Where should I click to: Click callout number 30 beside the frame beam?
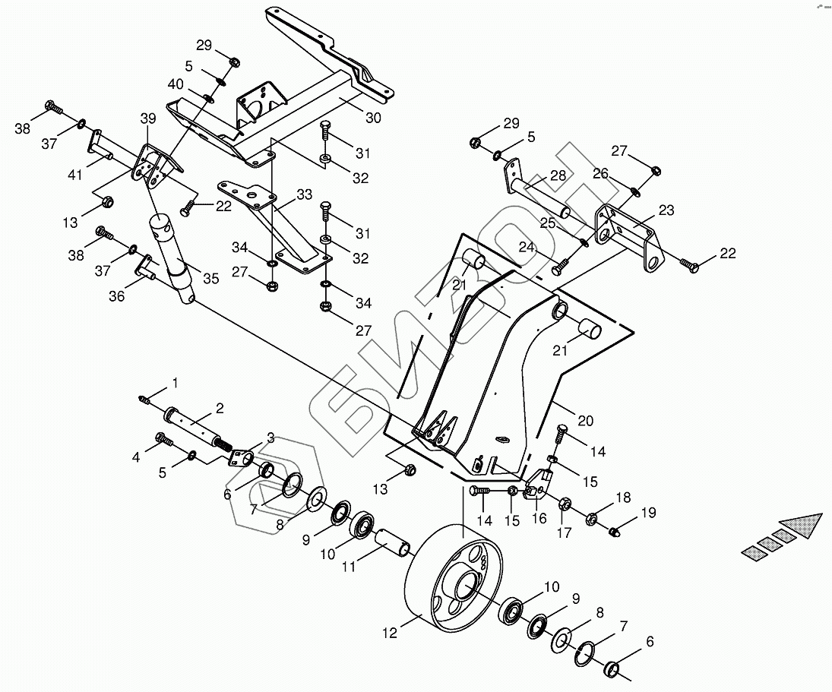pos(372,118)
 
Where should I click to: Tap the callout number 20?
pos(584,421)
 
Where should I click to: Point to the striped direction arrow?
pos(783,536)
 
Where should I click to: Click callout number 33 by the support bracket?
pos(304,195)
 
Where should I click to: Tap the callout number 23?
pos(666,210)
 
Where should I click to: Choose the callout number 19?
pos(647,513)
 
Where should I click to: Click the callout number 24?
pos(527,247)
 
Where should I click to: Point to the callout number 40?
pos(175,84)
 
